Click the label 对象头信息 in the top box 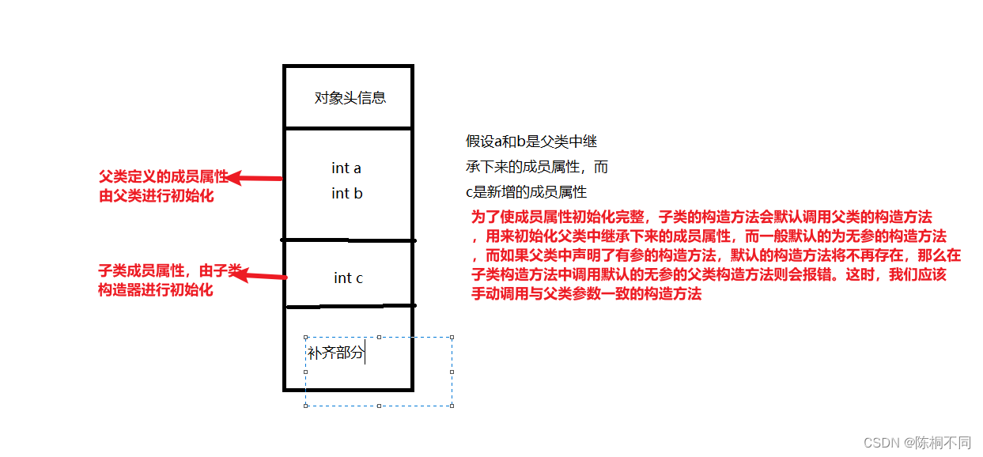(350, 98)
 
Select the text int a (346, 168)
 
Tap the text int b (346, 193)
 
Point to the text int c (348, 278)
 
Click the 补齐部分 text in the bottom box (335, 353)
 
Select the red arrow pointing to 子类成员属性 (261, 275)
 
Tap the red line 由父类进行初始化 (156, 196)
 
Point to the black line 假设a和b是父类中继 (531, 142)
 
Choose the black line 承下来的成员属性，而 (536, 167)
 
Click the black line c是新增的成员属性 (526, 192)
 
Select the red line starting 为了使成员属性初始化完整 (701, 217)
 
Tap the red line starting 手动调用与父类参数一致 (586, 295)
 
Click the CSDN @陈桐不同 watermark (917, 442)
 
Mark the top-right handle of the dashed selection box (452, 337)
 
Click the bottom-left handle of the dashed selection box (305, 406)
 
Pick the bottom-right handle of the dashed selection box (452, 406)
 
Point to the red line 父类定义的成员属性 (162, 176)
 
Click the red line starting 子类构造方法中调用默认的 (708, 275)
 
